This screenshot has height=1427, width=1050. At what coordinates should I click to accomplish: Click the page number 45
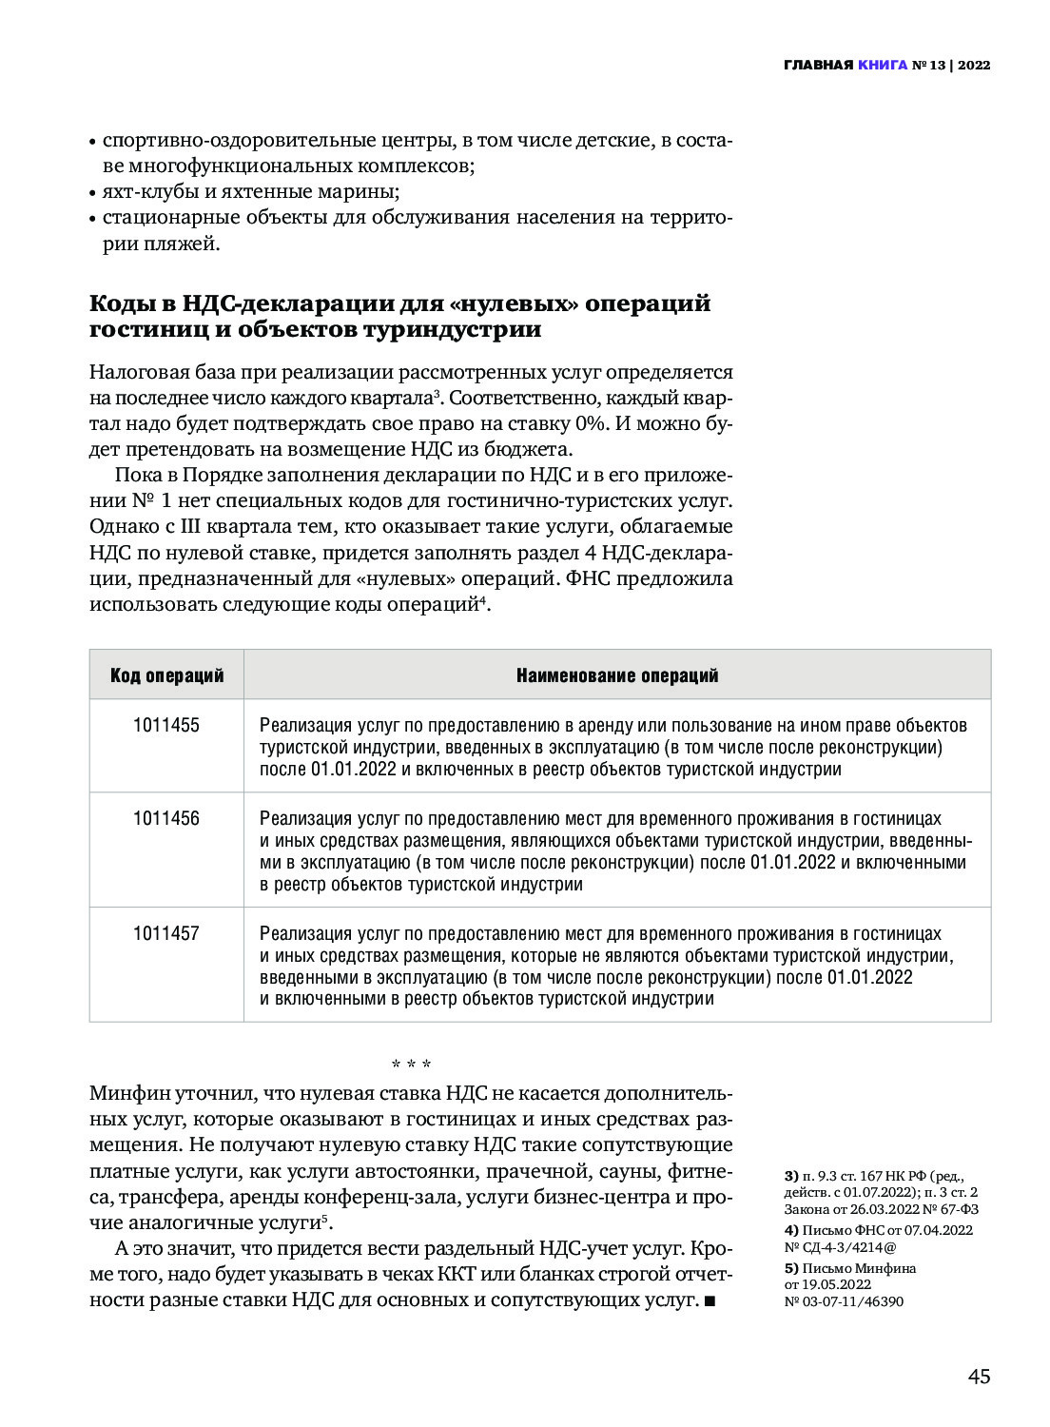click(979, 1377)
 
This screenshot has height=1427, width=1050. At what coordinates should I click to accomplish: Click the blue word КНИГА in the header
click(882, 66)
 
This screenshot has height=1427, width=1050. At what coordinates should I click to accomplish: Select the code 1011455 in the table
click(166, 726)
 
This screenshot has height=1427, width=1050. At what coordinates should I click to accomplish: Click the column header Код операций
click(166, 675)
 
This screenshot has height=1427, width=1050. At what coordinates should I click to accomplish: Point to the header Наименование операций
click(617, 675)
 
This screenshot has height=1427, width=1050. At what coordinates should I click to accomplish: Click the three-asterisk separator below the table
click(412, 1064)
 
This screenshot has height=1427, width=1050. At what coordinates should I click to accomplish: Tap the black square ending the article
click(710, 1300)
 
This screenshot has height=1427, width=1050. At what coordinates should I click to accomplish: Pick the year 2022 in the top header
click(974, 66)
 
